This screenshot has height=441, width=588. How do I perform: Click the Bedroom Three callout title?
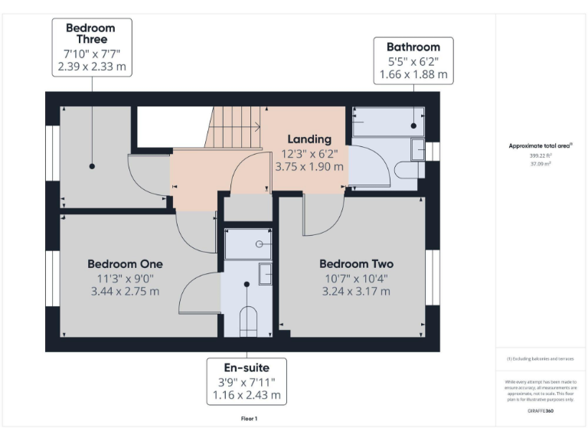tap(91, 33)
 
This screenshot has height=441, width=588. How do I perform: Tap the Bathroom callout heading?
tap(413, 47)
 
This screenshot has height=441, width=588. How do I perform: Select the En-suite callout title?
tap(247, 367)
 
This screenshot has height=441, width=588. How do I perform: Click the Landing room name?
tap(309, 139)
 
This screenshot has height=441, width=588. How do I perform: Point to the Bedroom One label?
tap(124, 263)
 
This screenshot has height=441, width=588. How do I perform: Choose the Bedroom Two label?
tap(356, 263)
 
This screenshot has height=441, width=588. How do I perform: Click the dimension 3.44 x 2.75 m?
tap(124, 291)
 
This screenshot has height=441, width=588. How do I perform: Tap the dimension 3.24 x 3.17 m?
tap(356, 291)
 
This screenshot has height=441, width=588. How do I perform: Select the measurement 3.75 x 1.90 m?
tap(309, 166)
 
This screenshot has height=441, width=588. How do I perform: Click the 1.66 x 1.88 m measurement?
tap(413, 75)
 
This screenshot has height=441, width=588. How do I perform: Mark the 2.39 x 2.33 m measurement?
tap(91, 67)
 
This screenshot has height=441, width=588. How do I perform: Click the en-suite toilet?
tap(247, 321)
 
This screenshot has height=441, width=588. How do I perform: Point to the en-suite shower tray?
tap(247, 243)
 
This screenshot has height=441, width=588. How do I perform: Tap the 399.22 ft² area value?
tap(541, 155)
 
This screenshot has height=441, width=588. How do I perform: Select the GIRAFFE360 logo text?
tap(541, 411)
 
